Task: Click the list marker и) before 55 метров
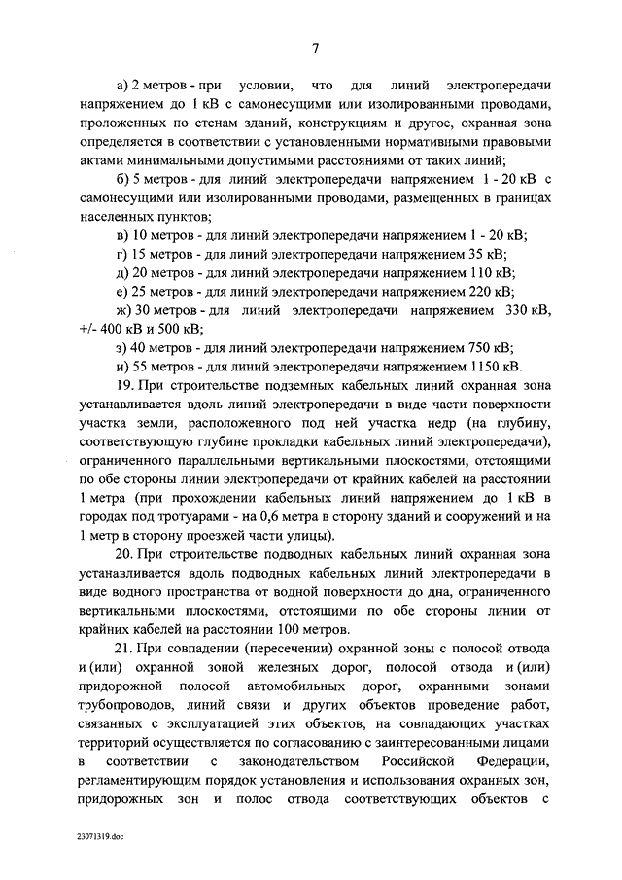tap(121, 367)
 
